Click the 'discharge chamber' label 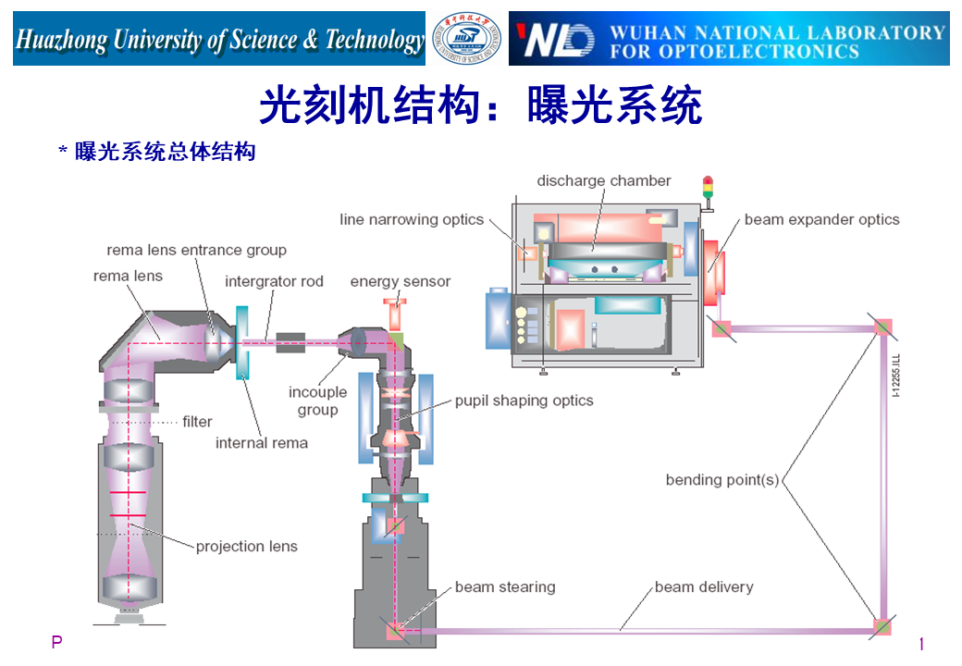(x=603, y=180)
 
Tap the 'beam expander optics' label (x=821, y=219)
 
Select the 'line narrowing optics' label (x=412, y=219)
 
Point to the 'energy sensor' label (x=400, y=281)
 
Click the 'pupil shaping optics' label (x=524, y=401)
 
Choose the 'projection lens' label (x=246, y=546)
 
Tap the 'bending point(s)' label (x=722, y=479)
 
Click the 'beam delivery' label (x=703, y=586)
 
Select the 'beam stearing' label (x=504, y=586)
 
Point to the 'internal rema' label (x=261, y=442)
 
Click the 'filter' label (x=197, y=421)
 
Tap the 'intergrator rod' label (x=274, y=281)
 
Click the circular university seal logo (x=468, y=39)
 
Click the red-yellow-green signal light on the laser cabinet (x=709, y=188)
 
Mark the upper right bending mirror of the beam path (x=882, y=327)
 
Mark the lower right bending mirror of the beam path (x=882, y=626)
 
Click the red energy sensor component (x=396, y=313)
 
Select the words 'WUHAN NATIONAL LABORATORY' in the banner (x=777, y=31)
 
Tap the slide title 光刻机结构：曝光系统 (x=480, y=105)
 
